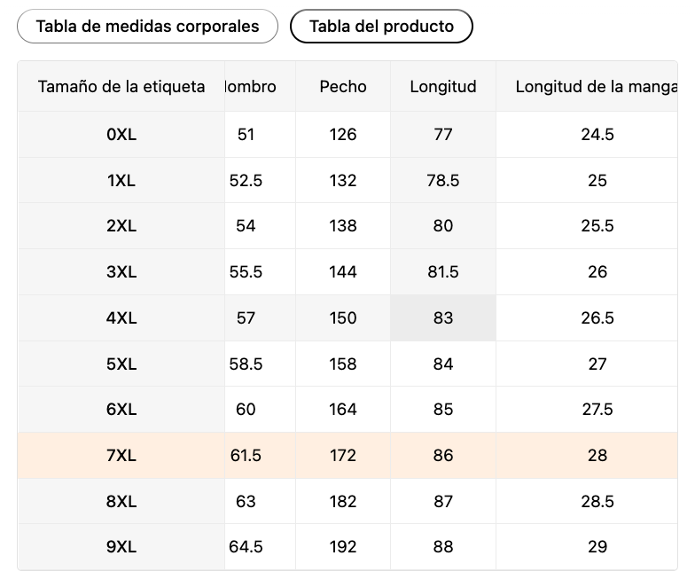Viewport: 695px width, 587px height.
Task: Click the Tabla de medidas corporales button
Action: [x=147, y=27]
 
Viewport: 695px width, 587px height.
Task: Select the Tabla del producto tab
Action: [x=381, y=27]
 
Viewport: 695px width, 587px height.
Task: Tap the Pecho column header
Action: [x=342, y=87]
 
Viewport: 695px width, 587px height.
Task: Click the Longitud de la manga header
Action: [x=596, y=87]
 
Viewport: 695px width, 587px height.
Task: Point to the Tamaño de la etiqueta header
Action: [x=121, y=87]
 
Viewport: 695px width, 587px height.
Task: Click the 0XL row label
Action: [x=121, y=135]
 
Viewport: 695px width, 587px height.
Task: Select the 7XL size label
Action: [x=121, y=456]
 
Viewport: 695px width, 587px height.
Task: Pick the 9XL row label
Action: [x=121, y=546]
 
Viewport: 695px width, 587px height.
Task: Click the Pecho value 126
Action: [x=342, y=135]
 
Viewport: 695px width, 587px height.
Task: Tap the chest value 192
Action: [x=342, y=546]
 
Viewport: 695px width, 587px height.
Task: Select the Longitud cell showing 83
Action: [x=443, y=317]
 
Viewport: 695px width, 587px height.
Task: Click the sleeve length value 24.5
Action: [x=597, y=135]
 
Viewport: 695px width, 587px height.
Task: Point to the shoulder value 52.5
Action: [x=246, y=181]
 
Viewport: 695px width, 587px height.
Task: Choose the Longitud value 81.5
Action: [x=443, y=271]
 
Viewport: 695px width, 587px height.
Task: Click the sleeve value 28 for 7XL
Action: [x=597, y=456]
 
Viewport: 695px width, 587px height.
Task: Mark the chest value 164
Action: [x=342, y=410]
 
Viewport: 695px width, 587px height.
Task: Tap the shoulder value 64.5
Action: [x=246, y=546]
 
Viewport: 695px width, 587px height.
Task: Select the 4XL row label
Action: [x=121, y=317]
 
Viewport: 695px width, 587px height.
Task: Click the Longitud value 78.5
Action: [x=443, y=181]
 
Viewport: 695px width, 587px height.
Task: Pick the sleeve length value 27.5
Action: [x=597, y=410]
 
